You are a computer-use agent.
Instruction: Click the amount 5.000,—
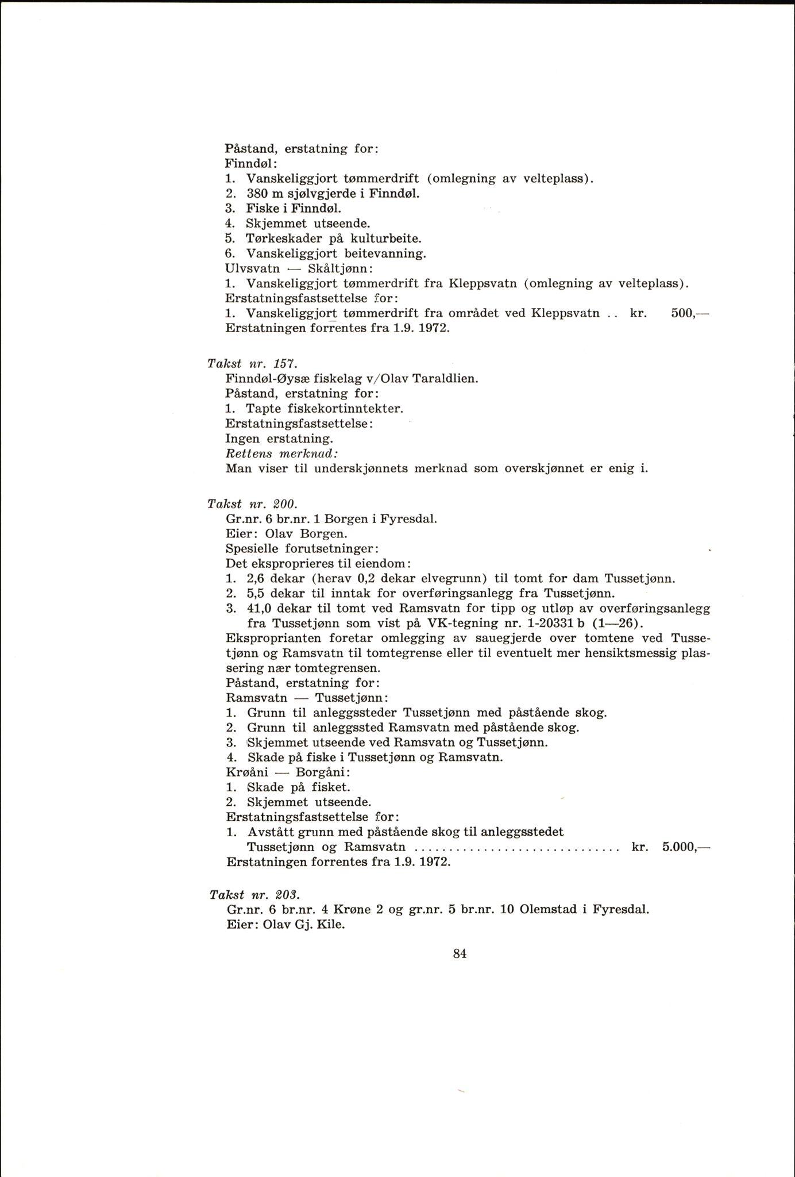click(x=686, y=847)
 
